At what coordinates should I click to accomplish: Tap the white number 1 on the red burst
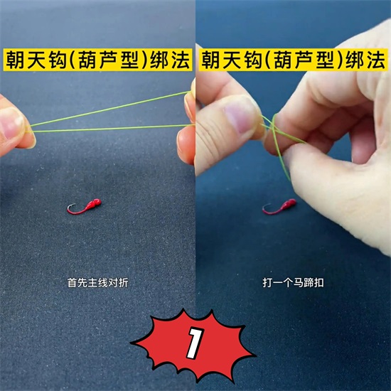195,343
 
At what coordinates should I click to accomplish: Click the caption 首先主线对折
98,283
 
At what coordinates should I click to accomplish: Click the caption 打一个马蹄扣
293,283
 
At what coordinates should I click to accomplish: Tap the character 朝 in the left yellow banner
15,60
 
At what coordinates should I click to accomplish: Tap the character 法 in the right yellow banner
376,60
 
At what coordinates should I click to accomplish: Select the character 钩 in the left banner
58,60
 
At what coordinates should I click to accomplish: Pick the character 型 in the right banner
326,60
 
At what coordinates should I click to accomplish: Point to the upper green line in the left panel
109,109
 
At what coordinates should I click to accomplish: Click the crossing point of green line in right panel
274,128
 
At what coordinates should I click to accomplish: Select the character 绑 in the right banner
355,60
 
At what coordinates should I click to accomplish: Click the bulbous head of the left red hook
95,202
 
